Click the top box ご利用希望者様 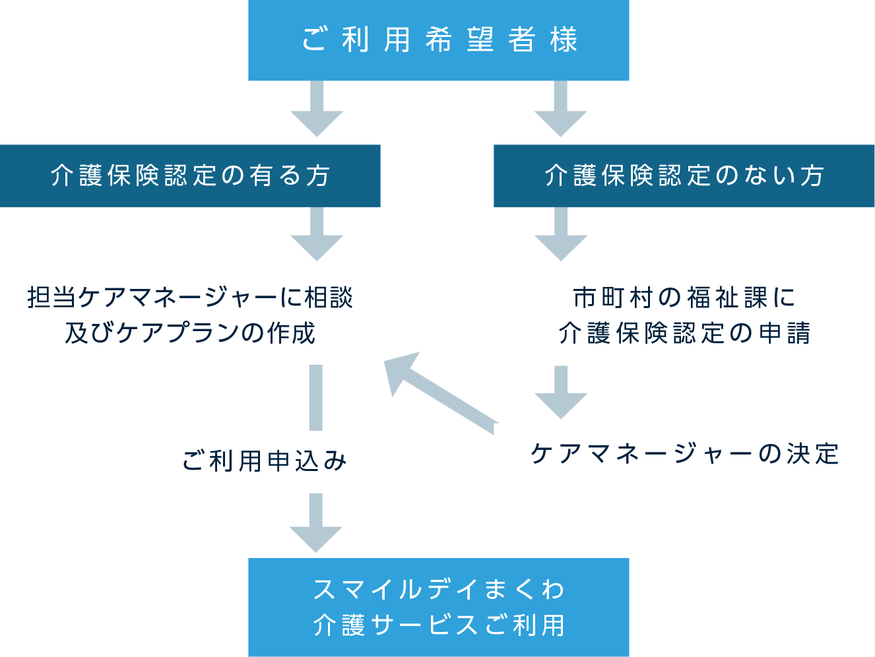pos(438,40)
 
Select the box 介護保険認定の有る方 pos(190,176)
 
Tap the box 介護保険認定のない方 pos(684,176)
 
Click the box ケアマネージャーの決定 pos(684,454)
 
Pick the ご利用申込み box pos(264,462)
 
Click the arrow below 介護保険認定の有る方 pos(317,236)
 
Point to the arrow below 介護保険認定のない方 pos(560,236)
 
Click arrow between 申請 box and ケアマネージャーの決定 pos(560,394)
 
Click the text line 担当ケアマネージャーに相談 pos(190,298)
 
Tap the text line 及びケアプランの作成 pos(190,333)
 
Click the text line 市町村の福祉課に pos(684,298)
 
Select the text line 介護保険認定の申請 pos(684,333)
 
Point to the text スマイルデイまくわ pos(438,589)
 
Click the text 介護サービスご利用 pos(438,625)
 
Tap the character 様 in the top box pos(564,40)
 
